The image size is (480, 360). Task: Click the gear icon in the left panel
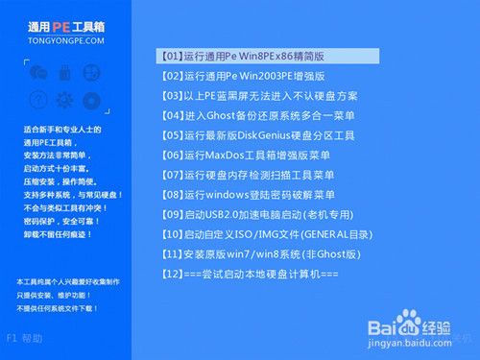pyautogui.click(x=65, y=99)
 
